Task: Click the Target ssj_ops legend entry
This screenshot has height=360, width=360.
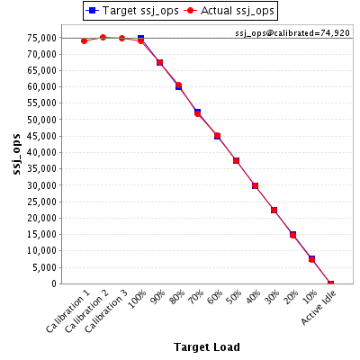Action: tap(132, 11)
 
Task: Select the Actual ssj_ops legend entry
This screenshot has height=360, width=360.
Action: tap(229, 11)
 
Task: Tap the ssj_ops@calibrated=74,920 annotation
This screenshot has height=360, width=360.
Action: tap(292, 32)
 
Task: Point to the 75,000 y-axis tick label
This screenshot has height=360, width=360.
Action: tap(41, 38)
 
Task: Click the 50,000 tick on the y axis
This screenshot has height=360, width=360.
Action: tap(41, 120)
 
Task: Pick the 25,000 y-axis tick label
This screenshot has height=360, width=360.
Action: tap(41, 202)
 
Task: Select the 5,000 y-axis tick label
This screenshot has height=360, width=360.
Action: tap(44, 267)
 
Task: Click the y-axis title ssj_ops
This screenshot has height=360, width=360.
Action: tap(17, 154)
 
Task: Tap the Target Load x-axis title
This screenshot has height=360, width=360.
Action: tap(207, 346)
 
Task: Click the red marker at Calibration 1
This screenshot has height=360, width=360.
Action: tap(84, 40)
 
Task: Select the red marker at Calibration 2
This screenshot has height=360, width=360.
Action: tap(103, 38)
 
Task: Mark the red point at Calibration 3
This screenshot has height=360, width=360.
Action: tap(121, 39)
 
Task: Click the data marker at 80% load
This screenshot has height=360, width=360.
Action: tap(178, 85)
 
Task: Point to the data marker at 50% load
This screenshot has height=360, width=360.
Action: tap(236, 161)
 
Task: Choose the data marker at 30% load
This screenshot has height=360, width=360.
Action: tap(274, 210)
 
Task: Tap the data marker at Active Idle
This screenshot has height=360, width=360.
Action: tap(330, 283)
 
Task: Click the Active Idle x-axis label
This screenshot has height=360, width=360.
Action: tap(319, 307)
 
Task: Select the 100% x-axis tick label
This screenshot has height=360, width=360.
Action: tap(138, 299)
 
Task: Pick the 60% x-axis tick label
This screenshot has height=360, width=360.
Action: tap(216, 297)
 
